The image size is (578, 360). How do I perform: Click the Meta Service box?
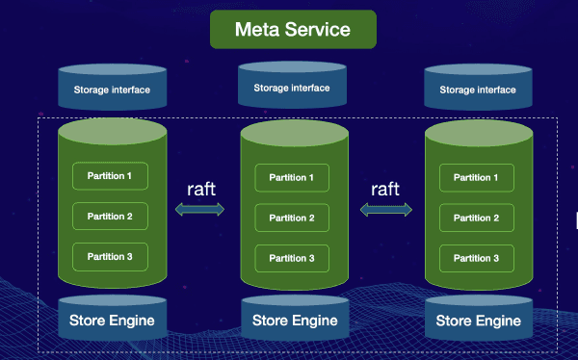(x=293, y=30)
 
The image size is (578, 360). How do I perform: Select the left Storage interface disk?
(x=111, y=90)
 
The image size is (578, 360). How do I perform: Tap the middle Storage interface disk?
(x=291, y=88)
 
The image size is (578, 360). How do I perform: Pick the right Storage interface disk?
(x=476, y=90)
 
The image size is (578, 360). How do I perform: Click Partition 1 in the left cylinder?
(x=110, y=176)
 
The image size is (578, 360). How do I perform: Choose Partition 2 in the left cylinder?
(x=110, y=217)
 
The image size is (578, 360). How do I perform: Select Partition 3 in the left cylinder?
(x=110, y=256)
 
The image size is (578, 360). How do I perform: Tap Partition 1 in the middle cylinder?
(x=291, y=177)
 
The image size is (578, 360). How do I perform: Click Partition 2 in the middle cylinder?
(x=291, y=218)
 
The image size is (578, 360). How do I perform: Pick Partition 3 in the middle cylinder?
(x=291, y=258)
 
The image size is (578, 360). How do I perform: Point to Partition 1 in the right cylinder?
(x=476, y=177)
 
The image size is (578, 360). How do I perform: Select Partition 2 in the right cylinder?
(x=476, y=218)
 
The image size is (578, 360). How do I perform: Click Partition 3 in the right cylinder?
(x=476, y=258)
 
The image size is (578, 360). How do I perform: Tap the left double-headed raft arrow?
(x=200, y=209)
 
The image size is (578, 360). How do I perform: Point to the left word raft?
(x=201, y=187)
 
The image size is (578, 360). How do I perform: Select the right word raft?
(x=384, y=187)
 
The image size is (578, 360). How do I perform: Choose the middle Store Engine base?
(x=294, y=320)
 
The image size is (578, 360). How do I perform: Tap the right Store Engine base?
(x=478, y=320)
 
